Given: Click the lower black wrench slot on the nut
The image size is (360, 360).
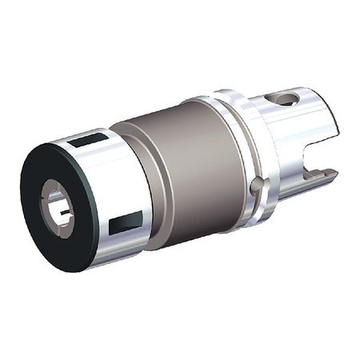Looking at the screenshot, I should pyautogui.click(x=124, y=223).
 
